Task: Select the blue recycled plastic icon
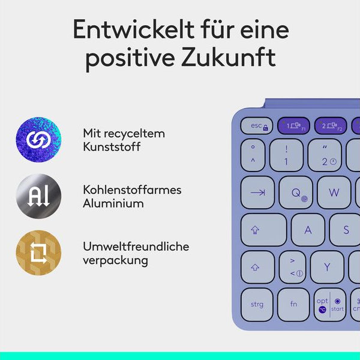pos(38,140)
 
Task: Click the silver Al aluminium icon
pos(38,197)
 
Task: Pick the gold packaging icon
pos(38,253)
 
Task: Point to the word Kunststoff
pos(112,146)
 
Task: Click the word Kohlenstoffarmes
pos(132,190)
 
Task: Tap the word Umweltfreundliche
pos(136,247)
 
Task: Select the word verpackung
pos(115,260)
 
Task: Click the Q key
pos(296,193)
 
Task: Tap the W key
pos(334,193)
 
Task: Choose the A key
pos(308,230)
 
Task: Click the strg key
pos(257,304)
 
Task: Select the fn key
pos(293,304)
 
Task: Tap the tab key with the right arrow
pos(258,193)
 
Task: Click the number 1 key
pos(286,155)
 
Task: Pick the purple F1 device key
pos(293,126)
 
